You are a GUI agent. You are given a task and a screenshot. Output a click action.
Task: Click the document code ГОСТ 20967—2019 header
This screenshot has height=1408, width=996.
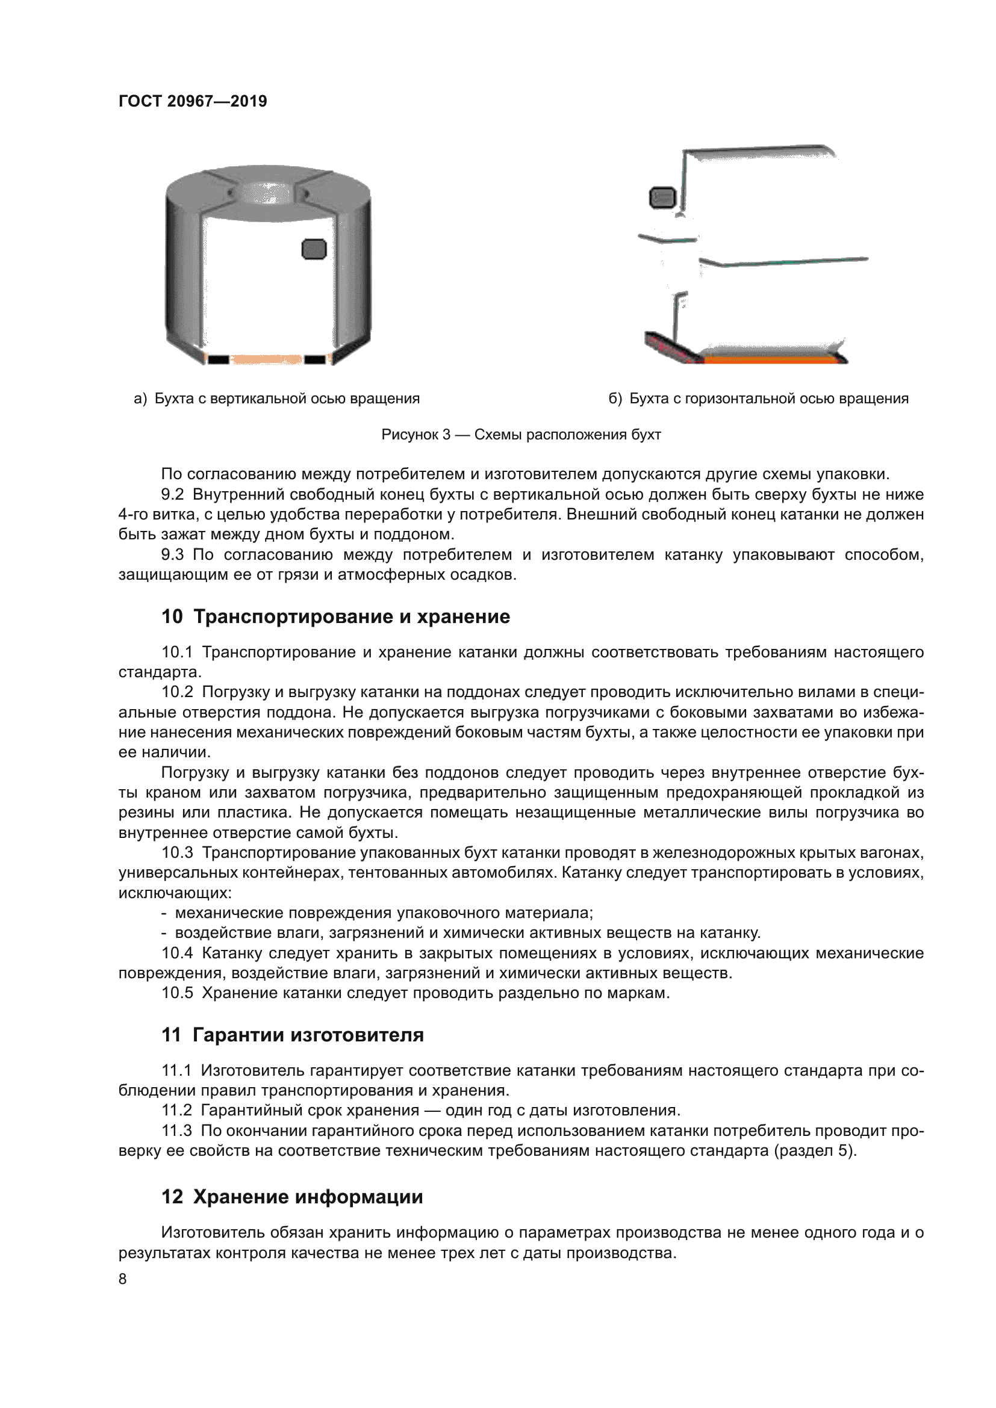[193, 101]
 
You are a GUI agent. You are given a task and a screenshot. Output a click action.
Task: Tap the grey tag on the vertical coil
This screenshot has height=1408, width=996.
[314, 249]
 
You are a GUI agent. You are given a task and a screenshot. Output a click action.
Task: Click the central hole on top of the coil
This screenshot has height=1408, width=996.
[267, 193]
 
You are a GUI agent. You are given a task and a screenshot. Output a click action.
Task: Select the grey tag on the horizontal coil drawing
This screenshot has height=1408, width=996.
[662, 197]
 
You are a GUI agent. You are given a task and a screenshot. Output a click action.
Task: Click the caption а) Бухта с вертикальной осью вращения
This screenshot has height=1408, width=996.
[276, 399]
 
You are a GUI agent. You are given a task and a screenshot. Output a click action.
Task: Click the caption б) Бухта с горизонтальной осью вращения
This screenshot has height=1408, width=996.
[758, 399]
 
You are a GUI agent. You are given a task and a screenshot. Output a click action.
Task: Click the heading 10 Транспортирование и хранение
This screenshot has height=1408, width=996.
[335, 616]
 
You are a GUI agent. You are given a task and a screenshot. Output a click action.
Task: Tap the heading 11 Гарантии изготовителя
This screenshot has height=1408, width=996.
[293, 1035]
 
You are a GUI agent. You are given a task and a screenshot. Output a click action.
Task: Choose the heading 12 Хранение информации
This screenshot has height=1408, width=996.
[292, 1197]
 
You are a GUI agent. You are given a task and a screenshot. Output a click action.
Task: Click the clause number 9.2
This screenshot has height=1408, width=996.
[172, 494]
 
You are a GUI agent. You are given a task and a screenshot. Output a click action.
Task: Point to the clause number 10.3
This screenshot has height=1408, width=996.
[177, 852]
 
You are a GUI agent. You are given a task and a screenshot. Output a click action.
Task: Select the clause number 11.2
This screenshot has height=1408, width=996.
[176, 1111]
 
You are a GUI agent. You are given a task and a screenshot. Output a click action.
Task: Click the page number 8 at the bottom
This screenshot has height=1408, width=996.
[123, 1279]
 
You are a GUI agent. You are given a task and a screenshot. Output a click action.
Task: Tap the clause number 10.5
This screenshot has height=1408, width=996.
[177, 993]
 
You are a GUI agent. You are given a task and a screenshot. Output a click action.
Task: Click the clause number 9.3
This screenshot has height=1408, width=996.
[172, 554]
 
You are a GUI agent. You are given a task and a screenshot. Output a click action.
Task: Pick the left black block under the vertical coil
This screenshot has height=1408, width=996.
[219, 359]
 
